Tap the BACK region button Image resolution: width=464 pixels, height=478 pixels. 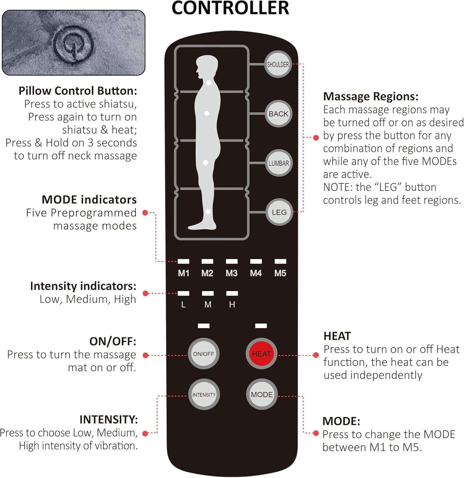point(278,114)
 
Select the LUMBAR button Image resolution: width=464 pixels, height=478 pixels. point(279,163)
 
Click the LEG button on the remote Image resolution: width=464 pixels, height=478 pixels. point(279,212)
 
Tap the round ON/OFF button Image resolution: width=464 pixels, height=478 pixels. point(203,354)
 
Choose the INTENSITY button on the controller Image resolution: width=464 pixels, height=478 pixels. point(204,395)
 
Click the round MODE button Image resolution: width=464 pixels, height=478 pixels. point(262,395)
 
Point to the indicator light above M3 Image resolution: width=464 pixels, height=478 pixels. point(232,261)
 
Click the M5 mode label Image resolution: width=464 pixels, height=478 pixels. point(280,273)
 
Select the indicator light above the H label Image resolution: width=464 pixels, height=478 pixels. point(232,293)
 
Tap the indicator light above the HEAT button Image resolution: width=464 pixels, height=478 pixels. point(261,326)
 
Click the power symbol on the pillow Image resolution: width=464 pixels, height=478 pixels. point(73,43)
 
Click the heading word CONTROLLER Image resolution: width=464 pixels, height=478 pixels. point(230,8)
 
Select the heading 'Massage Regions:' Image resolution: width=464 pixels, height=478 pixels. point(371,96)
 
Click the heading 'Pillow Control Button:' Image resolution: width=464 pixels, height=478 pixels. point(78,91)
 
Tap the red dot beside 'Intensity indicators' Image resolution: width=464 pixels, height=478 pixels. point(146,293)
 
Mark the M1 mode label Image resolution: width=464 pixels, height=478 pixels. point(183,273)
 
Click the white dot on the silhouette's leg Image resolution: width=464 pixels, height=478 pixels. point(208,212)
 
